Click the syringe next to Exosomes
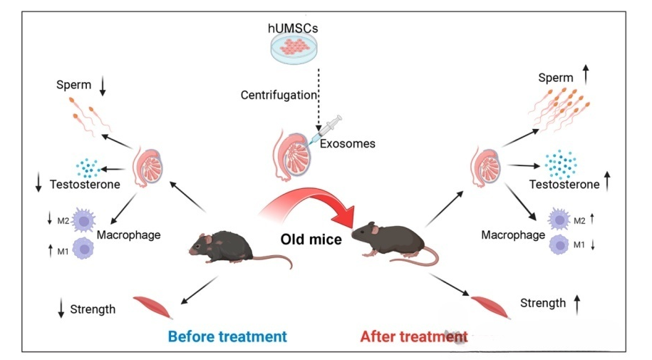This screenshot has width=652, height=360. [x=325, y=130]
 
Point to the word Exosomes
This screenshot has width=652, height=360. [x=348, y=143]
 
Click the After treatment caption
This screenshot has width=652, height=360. [x=413, y=336]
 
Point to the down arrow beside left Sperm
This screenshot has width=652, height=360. [x=103, y=86]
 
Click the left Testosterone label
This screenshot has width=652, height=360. [x=84, y=185]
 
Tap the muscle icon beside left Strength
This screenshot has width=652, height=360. [x=151, y=302]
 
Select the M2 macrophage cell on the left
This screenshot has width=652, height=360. [x=84, y=220]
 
